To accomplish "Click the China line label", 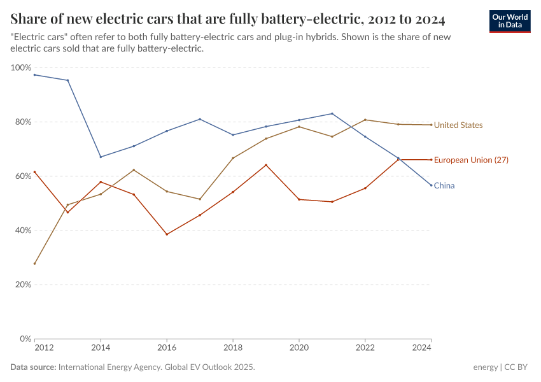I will pyautogui.click(x=444, y=186).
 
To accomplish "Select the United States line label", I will pyautogui.click(x=458, y=125).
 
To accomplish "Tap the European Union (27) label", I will pyautogui.click(x=470, y=160).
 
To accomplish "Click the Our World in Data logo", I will pyautogui.click(x=510, y=21).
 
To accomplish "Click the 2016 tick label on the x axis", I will pyautogui.click(x=167, y=348).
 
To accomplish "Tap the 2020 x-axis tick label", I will pyautogui.click(x=299, y=348).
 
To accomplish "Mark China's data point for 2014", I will pyautogui.click(x=101, y=157).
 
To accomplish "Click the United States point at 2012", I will pyautogui.click(x=34, y=264).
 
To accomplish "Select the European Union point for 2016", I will pyautogui.click(x=167, y=234).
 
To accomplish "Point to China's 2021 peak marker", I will pyautogui.click(x=332, y=113).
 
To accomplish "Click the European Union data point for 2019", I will pyautogui.click(x=266, y=165).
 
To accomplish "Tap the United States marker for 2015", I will pyautogui.click(x=134, y=170).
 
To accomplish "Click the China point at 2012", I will pyautogui.click(x=34, y=74).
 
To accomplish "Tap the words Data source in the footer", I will pyautogui.click(x=32, y=367).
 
